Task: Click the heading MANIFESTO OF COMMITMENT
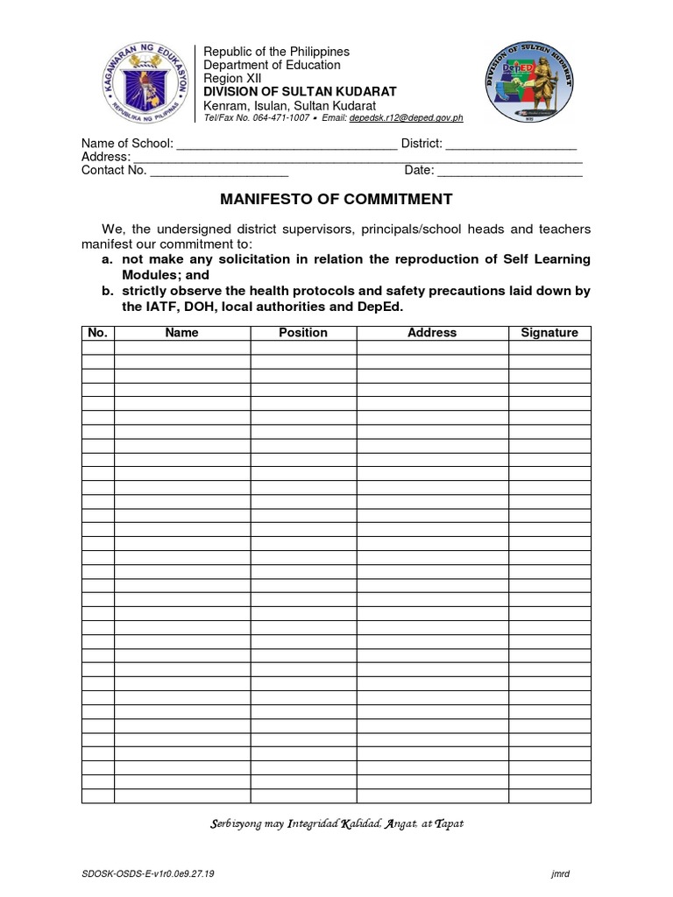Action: click(336, 199)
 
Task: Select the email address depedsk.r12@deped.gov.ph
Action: click(406, 118)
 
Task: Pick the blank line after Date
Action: click(510, 171)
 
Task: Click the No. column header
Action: click(97, 333)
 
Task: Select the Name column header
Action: click(182, 333)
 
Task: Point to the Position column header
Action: click(303, 333)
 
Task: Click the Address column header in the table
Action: click(432, 333)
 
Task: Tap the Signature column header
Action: click(549, 333)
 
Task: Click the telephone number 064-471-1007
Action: click(280, 118)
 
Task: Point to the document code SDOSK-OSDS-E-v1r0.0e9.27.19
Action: click(150, 873)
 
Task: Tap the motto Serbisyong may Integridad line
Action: click(336, 823)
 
